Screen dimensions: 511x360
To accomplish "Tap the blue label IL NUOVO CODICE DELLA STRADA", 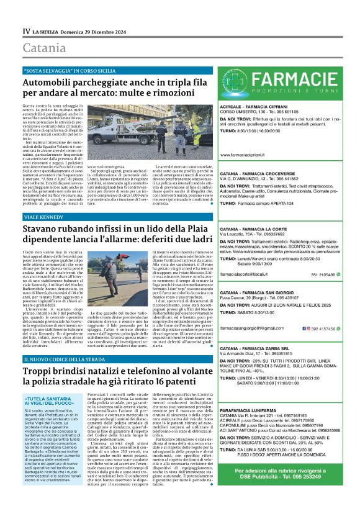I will point(66,360).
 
